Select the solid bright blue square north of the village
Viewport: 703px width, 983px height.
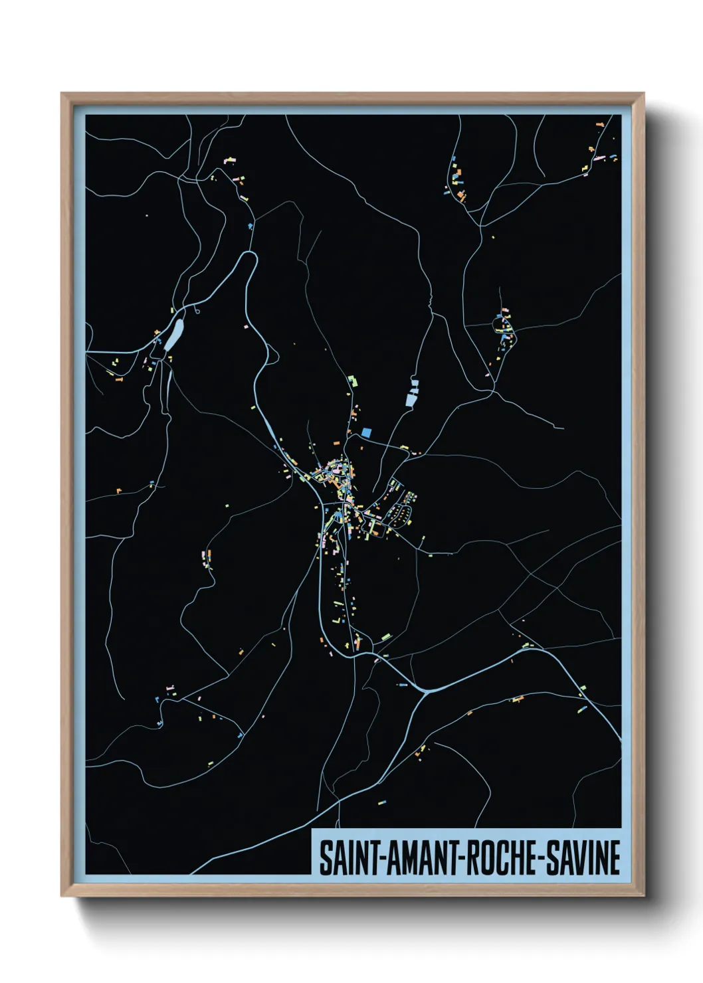366,432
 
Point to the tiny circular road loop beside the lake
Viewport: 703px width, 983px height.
197,310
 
